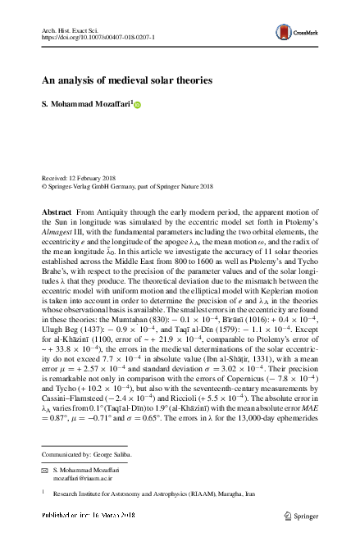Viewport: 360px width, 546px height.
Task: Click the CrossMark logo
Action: click(x=303, y=35)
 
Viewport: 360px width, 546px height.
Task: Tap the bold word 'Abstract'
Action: click(x=57, y=212)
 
